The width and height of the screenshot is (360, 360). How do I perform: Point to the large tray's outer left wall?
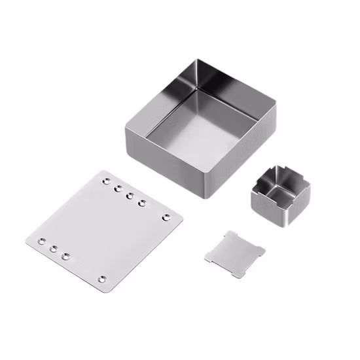click(167, 158)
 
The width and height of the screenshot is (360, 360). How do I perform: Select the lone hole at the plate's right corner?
click(165, 217)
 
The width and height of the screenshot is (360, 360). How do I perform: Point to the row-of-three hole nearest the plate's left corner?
click(41, 242)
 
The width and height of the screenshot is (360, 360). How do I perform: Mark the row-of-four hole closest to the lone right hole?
click(142, 202)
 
